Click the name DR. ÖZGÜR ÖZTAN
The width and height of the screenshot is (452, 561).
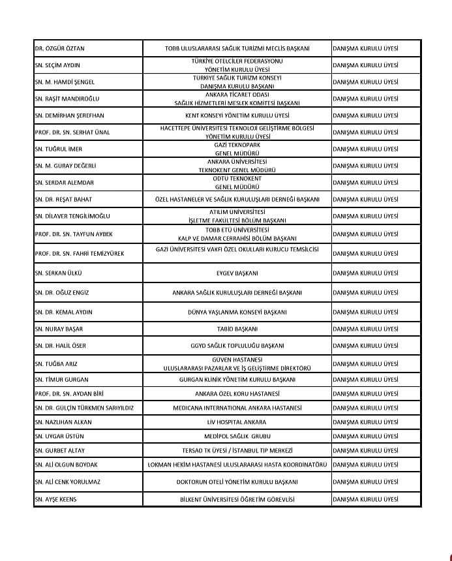[59, 49]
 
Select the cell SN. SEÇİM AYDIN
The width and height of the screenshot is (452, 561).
[57, 66]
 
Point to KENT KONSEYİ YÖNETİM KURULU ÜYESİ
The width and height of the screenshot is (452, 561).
[237, 115]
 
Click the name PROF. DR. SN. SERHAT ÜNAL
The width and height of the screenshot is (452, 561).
[72, 132]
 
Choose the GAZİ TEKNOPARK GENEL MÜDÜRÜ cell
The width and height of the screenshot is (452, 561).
[237, 149]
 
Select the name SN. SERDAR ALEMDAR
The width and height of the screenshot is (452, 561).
[64, 183]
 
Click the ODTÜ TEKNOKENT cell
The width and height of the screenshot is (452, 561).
[237, 183]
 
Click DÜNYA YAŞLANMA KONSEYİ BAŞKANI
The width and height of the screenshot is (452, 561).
[237, 312]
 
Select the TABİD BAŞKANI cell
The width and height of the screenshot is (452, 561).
[237, 329]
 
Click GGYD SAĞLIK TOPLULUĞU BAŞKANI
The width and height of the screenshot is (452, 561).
[237, 346]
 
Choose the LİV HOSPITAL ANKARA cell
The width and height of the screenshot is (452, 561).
[237, 422]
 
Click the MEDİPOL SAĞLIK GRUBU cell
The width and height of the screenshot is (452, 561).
[237, 436]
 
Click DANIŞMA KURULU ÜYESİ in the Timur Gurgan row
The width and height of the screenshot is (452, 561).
[365, 379]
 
